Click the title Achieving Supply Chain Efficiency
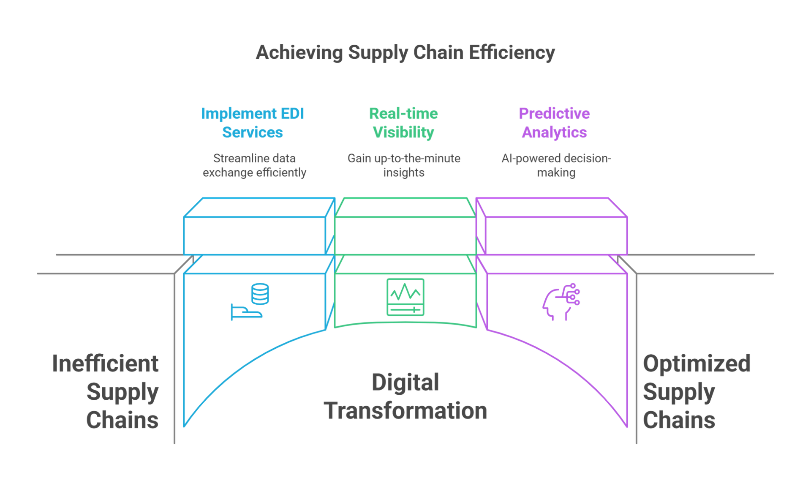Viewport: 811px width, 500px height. [x=405, y=54]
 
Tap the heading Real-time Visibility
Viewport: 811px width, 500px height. [x=403, y=123]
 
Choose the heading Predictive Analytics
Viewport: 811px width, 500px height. [x=554, y=123]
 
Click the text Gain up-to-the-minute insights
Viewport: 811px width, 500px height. [x=404, y=165]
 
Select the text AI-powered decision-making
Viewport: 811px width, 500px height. [x=555, y=165]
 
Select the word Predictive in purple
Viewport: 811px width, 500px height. [x=554, y=114]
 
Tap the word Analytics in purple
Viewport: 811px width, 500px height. [x=554, y=132]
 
